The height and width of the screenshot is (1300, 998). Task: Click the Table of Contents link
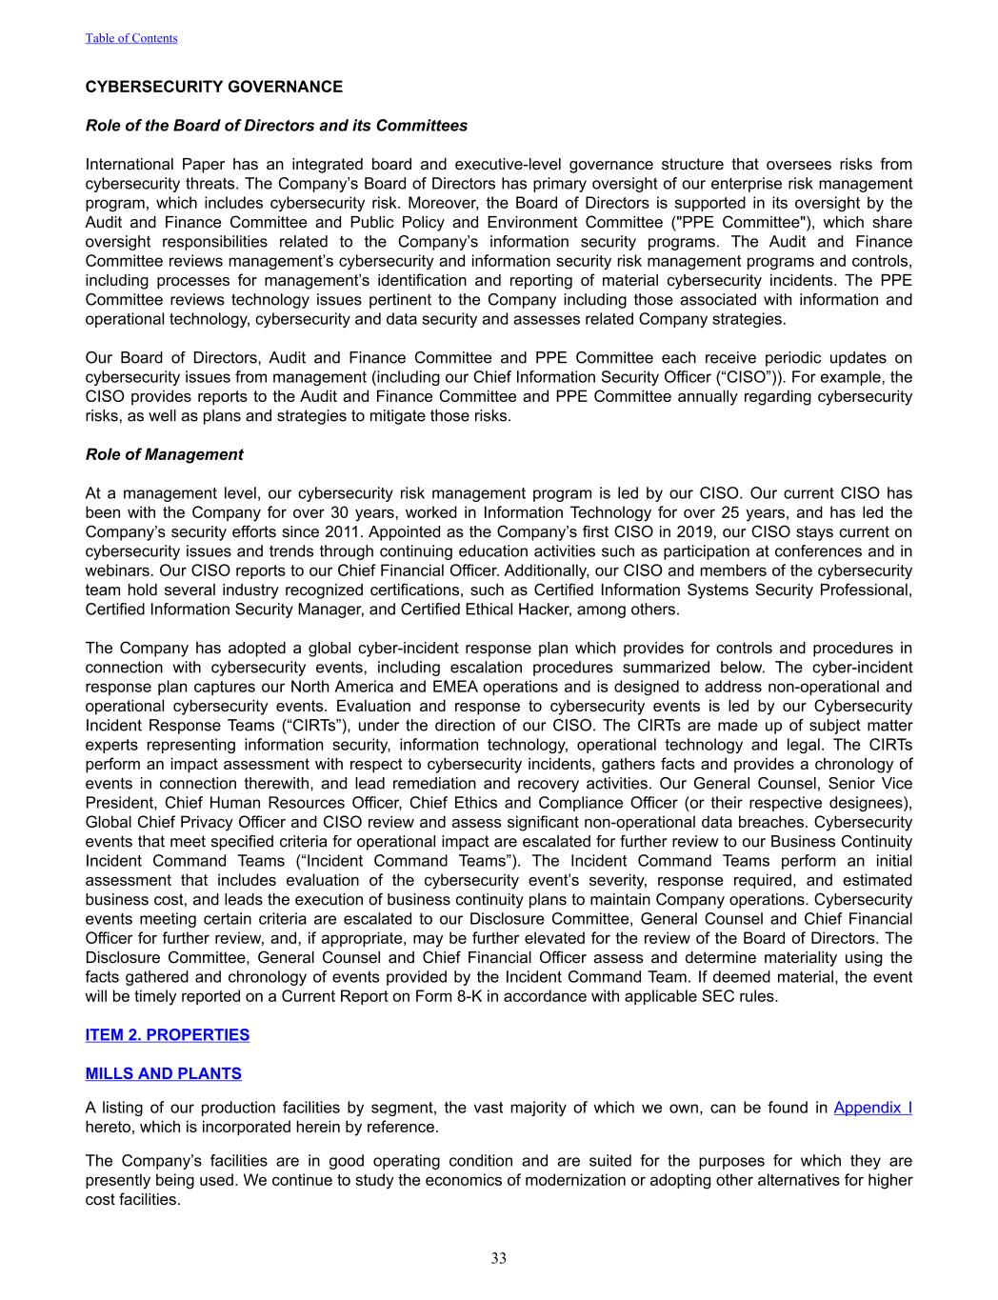pyautogui.click(x=131, y=38)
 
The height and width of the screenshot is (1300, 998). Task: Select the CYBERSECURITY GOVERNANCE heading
pyautogui.click(x=213, y=87)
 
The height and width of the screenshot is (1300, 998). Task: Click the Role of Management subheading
pyautogui.click(x=164, y=454)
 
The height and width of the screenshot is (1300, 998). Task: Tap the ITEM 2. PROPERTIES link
pyautogui.click(x=168, y=1034)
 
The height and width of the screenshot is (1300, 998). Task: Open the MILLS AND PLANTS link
pyautogui.click(x=163, y=1073)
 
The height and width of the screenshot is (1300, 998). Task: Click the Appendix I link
pyautogui.click(x=872, y=1108)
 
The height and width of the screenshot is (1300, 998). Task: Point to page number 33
pyautogui.click(x=499, y=1258)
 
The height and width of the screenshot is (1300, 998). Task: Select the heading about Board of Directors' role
pyautogui.click(x=276, y=126)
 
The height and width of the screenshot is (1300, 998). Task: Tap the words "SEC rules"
pyautogui.click(x=744, y=996)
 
